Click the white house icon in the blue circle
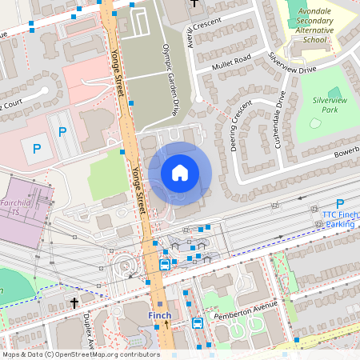pos(180,173)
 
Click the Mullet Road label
pos(231,62)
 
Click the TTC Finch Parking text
pos(340,219)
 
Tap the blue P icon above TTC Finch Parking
pos(340,204)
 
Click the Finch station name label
pos(159,316)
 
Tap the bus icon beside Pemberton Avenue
pos(197,323)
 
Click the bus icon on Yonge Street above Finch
pos(165,265)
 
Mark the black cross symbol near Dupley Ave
pos(74,303)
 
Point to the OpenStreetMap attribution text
pos(80,354)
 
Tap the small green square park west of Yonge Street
pos(107,175)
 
